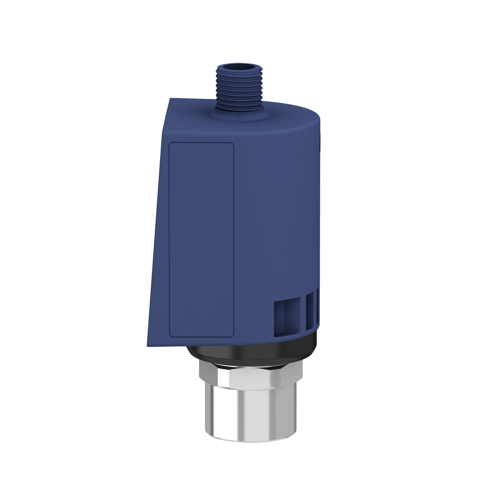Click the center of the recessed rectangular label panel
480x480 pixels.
click(x=201, y=240)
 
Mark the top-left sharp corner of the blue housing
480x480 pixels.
click(x=170, y=99)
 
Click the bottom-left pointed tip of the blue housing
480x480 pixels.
click(x=148, y=346)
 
